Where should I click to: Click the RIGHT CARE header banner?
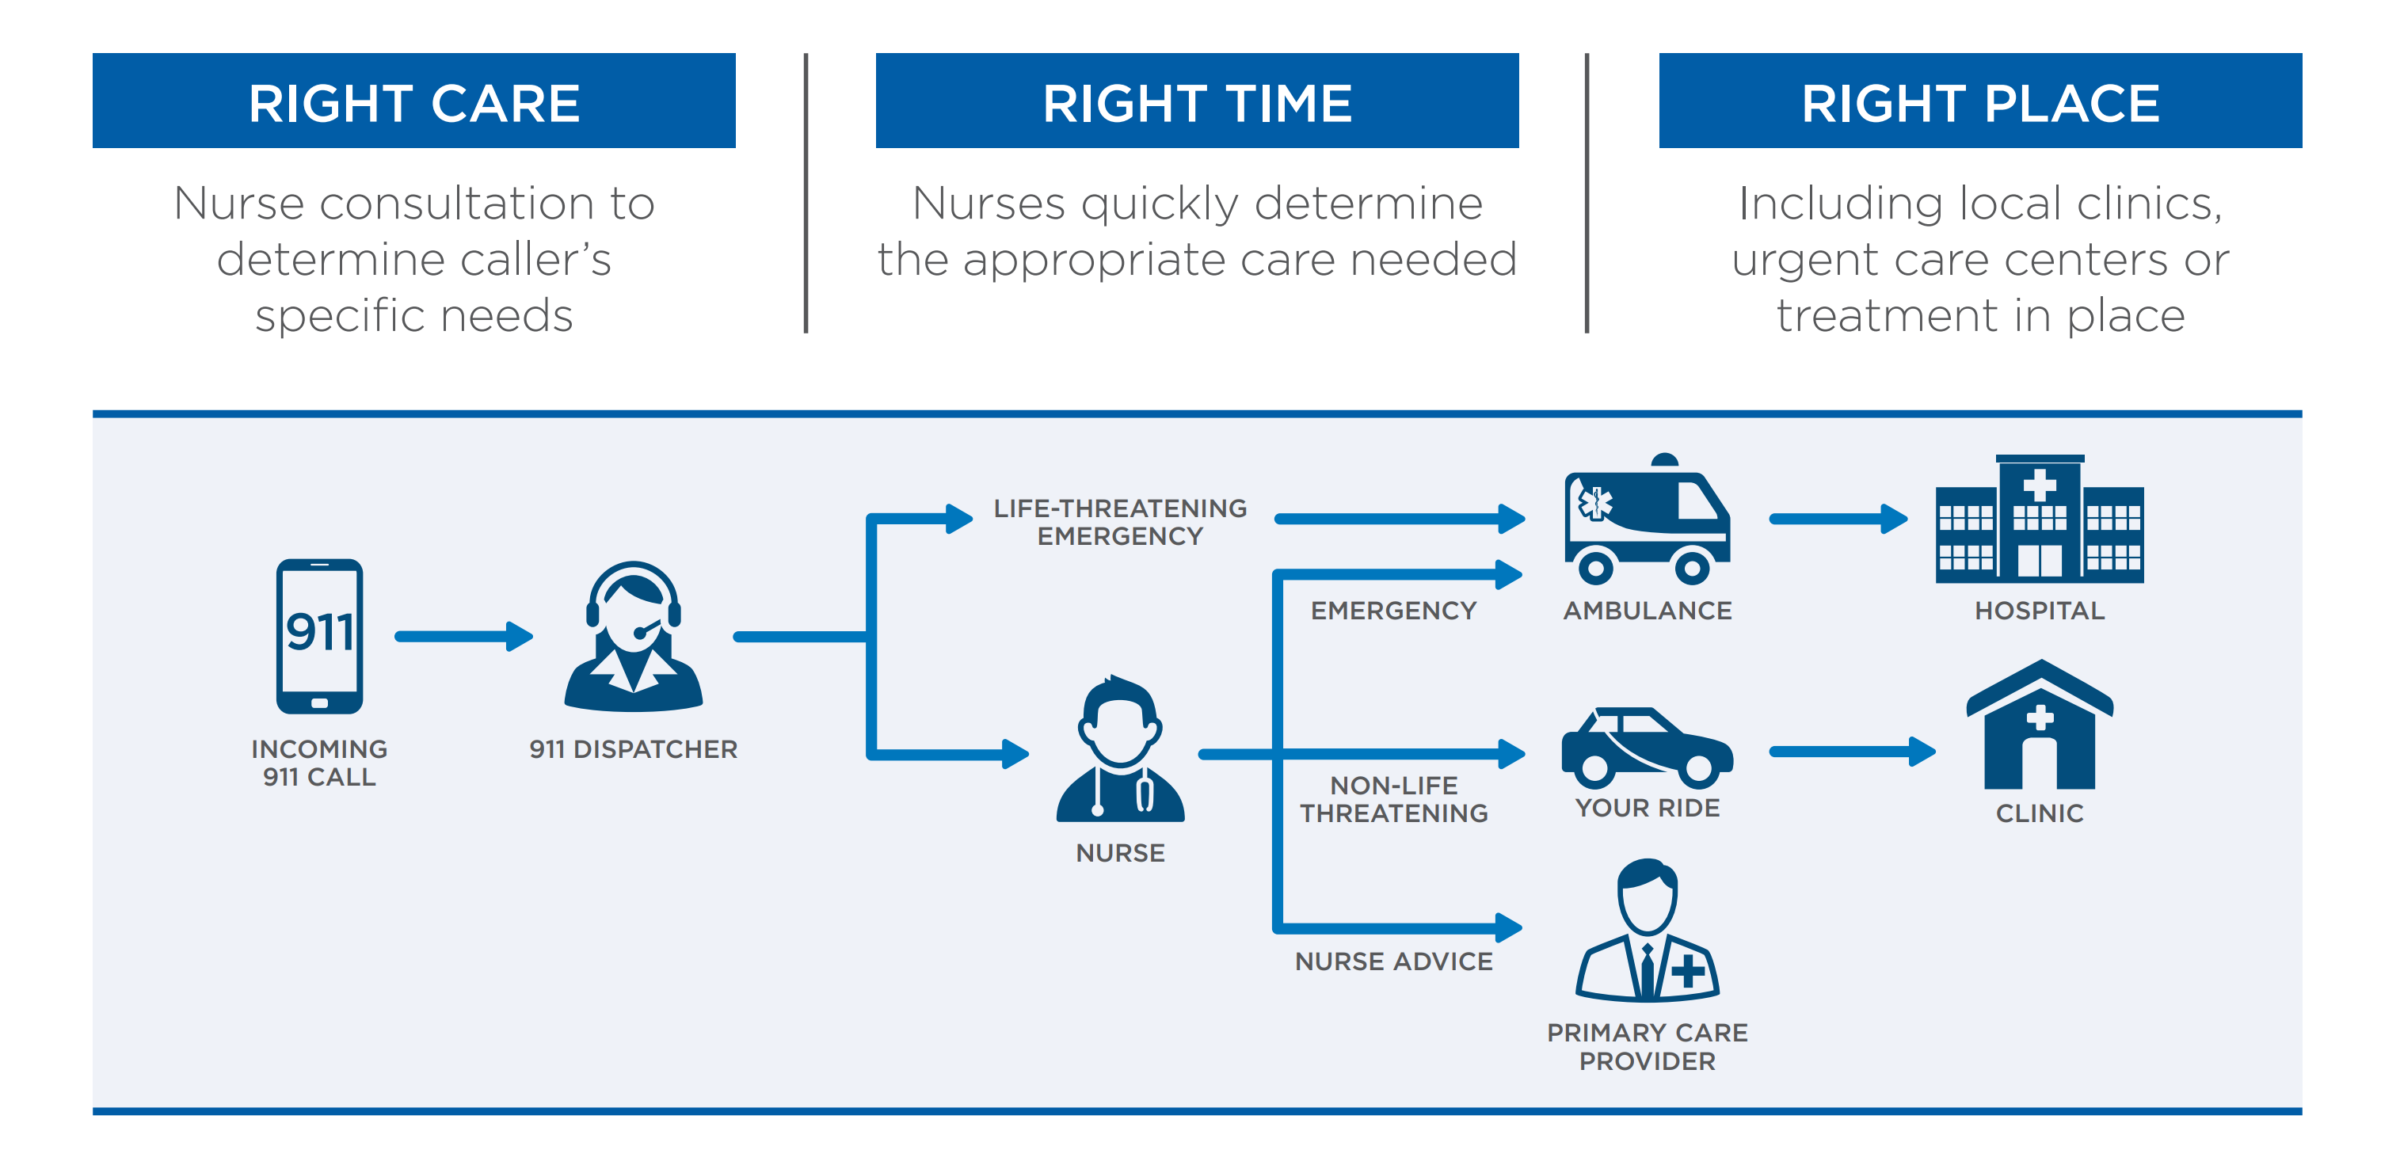click(x=413, y=101)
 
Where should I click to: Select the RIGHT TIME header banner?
click(x=1196, y=101)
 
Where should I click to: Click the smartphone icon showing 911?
click(x=319, y=636)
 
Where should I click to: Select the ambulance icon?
click(x=1646, y=522)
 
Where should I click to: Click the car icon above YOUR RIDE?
click(x=1646, y=744)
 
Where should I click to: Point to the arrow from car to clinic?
click(x=1851, y=751)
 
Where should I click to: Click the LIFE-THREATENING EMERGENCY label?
click(x=1119, y=522)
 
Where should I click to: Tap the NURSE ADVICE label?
click(x=1393, y=961)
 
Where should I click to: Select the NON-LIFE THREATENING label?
click(x=1393, y=799)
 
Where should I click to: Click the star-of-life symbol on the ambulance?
click(x=1594, y=504)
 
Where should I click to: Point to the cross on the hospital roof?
click(x=2039, y=485)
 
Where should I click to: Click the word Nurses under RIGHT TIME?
click(x=988, y=204)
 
